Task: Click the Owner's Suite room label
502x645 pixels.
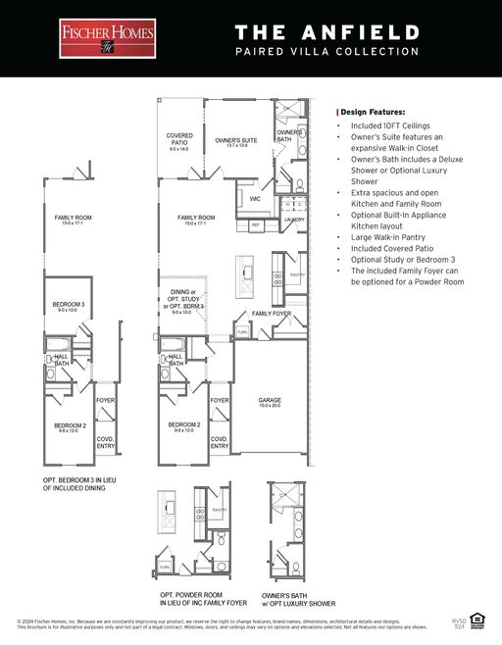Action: click(x=235, y=143)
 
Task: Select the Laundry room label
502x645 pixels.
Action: click(x=294, y=220)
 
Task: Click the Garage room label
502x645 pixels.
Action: click(x=270, y=402)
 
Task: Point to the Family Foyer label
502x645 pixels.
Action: click(x=271, y=313)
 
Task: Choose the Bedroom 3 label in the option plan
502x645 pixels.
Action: click(x=69, y=308)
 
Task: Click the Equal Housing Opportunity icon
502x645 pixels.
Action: click(x=478, y=618)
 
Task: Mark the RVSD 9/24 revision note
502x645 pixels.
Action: click(x=459, y=622)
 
